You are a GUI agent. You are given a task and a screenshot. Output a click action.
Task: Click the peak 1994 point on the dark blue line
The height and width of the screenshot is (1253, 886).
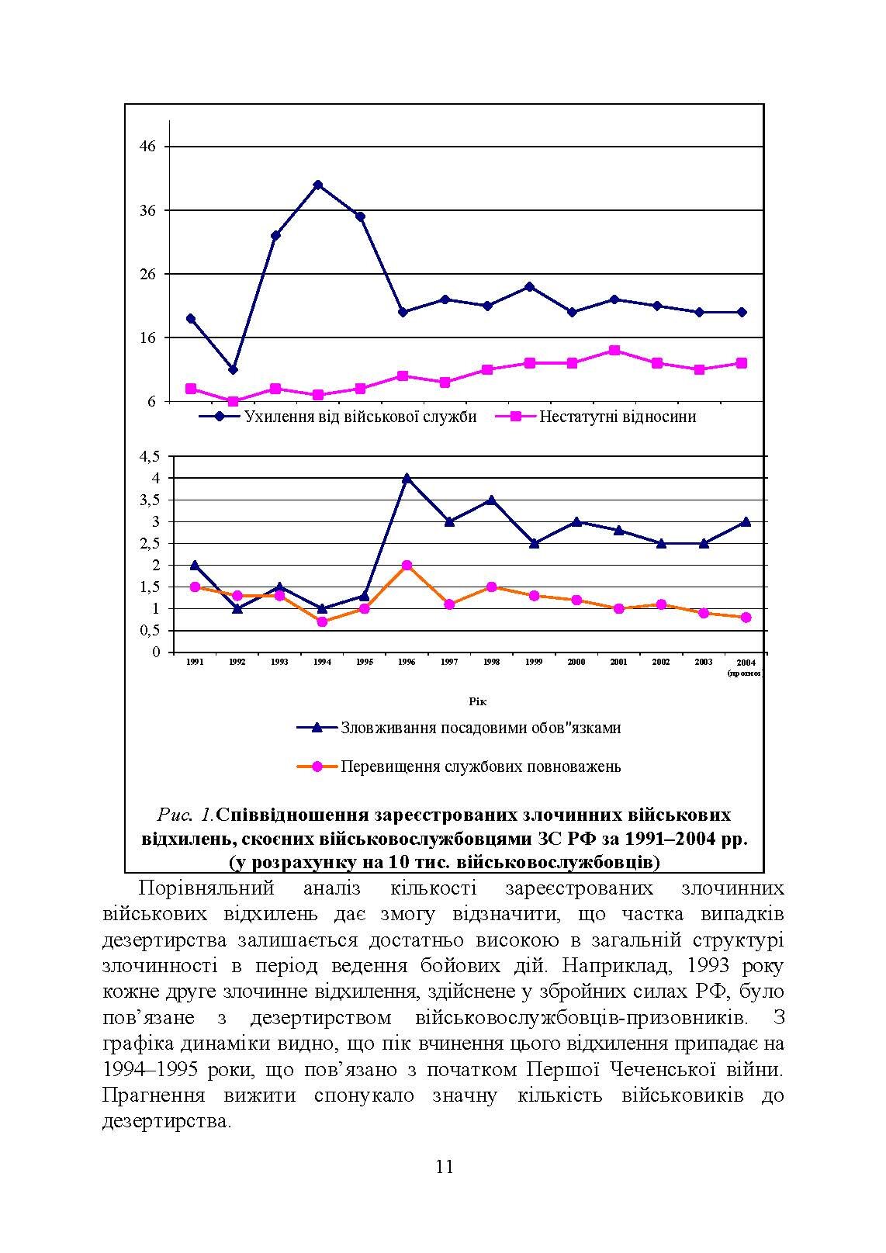[318, 185]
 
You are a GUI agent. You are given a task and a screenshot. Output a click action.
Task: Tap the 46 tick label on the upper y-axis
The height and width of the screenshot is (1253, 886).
[147, 147]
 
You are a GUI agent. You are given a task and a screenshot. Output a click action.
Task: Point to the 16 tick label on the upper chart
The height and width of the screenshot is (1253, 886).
[147, 337]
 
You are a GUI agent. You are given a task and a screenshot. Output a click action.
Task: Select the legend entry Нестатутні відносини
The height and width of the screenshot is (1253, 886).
[617, 417]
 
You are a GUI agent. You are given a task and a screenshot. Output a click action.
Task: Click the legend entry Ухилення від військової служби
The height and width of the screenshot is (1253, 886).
[360, 417]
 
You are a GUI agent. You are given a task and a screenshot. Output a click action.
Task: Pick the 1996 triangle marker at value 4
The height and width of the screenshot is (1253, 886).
[407, 478]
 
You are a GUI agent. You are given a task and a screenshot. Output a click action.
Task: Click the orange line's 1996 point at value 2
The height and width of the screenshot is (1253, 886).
[407, 566]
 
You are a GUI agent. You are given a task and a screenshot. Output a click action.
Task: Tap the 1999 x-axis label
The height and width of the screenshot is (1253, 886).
[534, 662]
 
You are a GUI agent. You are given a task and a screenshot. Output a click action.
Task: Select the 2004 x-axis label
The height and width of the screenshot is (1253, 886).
[745, 663]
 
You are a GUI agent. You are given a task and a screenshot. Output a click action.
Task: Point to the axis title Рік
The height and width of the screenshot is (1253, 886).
[478, 701]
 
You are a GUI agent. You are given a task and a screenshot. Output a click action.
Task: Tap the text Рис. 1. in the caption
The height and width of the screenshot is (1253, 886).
[185, 815]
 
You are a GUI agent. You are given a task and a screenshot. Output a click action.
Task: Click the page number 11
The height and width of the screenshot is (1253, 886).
[444, 1167]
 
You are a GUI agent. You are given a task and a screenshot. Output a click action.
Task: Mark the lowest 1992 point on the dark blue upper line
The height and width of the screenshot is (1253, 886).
[233, 369]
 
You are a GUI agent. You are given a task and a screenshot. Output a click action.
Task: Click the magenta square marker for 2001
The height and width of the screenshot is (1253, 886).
[614, 351]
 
